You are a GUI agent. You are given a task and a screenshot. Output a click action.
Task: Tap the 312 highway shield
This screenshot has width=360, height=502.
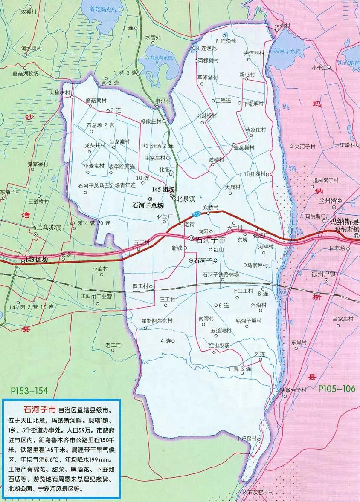point(197,213)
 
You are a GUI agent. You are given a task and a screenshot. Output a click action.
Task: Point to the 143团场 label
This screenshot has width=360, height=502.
point(36,260)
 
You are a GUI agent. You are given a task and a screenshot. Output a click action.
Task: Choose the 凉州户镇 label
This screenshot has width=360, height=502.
point(339,274)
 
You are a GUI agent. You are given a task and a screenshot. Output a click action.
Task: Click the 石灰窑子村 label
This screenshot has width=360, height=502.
point(261,492)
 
